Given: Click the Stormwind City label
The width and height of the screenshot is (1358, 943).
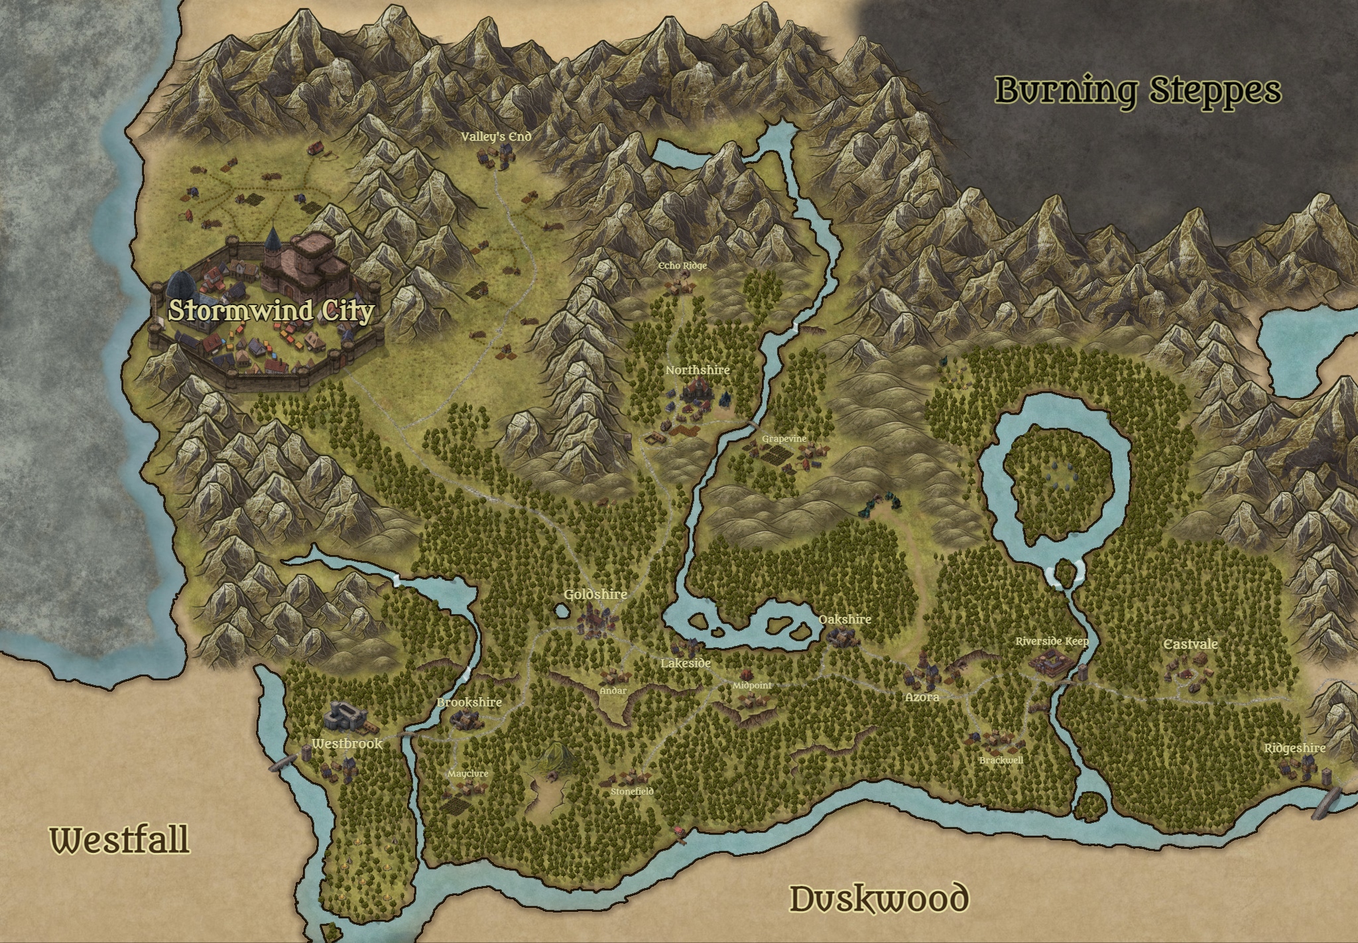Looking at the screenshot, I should (x=271, y=310).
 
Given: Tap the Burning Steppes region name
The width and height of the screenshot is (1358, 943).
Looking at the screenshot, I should (x=1138, y=91).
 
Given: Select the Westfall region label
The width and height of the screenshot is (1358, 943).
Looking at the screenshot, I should (x=120, y=840).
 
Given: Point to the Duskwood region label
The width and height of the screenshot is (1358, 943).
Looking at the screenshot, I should (x=879, y=899).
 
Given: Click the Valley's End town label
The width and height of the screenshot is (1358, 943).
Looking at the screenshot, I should (x=497, y=137).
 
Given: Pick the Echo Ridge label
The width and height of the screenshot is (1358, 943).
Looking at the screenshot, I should (x=682, y=265).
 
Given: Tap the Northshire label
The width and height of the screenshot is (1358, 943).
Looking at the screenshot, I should (x=698, y=369).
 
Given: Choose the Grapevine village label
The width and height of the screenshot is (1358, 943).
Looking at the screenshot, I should (x=784, y=438).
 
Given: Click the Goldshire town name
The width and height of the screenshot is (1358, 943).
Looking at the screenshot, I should (x=595, y=594).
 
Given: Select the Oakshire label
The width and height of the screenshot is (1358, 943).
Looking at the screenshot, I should (x=845, y=619).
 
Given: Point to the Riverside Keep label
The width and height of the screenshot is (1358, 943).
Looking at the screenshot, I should (x=1052, y=641).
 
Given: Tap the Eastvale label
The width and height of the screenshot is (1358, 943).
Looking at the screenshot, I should (x=1191, y=644).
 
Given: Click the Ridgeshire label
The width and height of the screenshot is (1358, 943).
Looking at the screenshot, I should (x=1294, y=748).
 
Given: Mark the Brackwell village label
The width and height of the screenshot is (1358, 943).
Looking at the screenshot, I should (x=1001, y=760).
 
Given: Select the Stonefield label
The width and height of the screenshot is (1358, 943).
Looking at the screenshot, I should (x=632, y=791).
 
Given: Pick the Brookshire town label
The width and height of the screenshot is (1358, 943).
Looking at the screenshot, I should (x=469, y=702).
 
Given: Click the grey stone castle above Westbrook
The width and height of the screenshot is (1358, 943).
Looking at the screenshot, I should (x=345, y=716).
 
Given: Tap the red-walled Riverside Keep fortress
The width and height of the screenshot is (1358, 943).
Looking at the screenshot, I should (x=1051, y=662).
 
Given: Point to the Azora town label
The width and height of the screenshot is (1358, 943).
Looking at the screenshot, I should (x=922, y=697).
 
